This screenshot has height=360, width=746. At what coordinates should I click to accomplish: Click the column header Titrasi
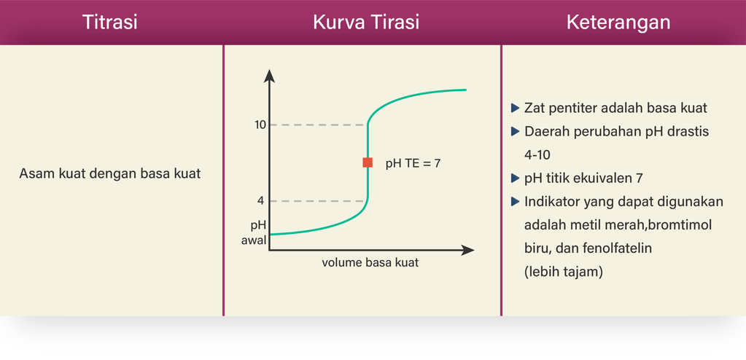pos(110,23)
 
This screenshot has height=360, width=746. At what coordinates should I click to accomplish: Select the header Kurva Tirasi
pos(366,23)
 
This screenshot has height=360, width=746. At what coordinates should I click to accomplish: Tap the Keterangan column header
pos(618,23)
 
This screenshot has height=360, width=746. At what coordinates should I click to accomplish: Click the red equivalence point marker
pos(368,163)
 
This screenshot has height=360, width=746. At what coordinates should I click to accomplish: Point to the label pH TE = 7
pos(413,163)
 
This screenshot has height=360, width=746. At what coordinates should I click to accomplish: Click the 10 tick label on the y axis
pos(260,125)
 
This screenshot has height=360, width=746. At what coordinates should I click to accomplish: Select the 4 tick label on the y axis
pos(261,201)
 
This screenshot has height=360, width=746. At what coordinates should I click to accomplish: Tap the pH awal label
pos(254,232)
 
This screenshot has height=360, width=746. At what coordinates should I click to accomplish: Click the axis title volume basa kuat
pos(370,262)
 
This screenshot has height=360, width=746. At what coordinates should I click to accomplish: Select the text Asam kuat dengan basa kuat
pos(110,174)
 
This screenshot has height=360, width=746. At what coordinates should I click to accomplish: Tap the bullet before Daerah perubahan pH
pos(515,132)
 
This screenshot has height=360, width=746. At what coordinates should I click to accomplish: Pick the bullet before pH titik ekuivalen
pos(515,179)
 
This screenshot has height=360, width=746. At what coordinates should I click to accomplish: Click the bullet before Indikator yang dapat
pos(515,202)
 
